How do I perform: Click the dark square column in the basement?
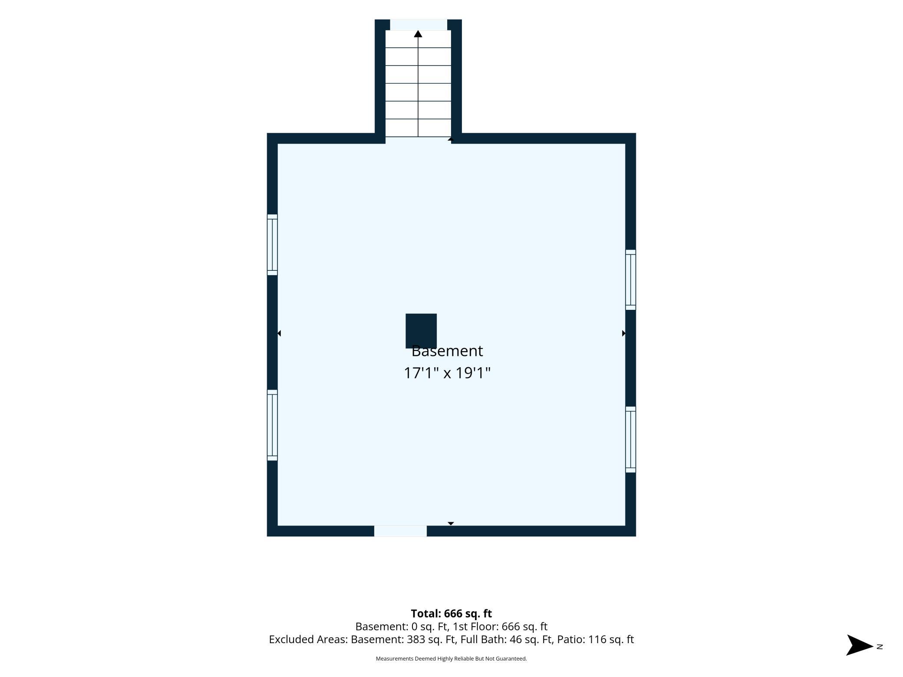point(421,331)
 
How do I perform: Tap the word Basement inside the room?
point(447,351)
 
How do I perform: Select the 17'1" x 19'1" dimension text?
point(447,373)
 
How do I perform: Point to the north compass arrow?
point(860,645)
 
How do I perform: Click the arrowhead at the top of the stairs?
point(418,34)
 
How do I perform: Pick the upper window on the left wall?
point(272,245)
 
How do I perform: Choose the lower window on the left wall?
point(272,425)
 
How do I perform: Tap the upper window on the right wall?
point(630,280)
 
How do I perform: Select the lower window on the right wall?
point(630,440)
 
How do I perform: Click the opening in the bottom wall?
point(400,531)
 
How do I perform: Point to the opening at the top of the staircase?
point(419,25)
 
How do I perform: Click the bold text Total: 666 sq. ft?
point(451,614)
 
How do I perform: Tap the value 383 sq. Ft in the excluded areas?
point(431,639)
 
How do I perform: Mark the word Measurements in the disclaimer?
point(394,659)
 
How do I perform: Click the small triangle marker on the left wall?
point(279,333)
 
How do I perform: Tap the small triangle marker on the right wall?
point(624,333)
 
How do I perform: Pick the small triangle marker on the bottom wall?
point(451,524)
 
